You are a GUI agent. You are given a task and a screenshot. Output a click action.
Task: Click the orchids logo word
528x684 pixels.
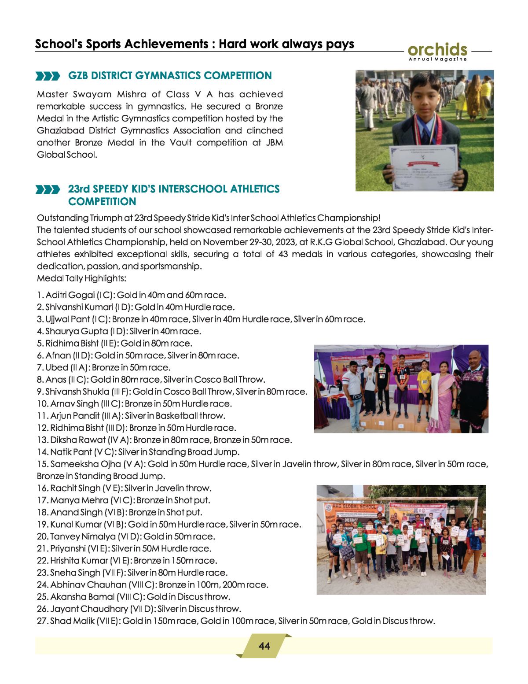(437, 49)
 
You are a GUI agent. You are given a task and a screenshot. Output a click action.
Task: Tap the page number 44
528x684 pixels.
(264, 646)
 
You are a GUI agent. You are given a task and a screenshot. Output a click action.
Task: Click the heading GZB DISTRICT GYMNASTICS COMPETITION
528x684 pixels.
(170, 76)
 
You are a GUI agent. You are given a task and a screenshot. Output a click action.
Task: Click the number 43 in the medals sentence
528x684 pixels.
(283, 254)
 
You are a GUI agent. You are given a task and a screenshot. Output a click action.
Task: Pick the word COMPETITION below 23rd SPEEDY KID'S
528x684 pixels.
(102, 202)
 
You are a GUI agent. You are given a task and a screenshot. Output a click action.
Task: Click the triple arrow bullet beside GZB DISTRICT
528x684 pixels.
(48, 76)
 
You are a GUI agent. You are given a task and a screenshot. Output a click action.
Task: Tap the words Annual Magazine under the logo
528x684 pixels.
(437, 59)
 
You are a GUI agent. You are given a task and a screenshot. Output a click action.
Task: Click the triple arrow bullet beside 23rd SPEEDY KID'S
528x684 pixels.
(48, 190)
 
